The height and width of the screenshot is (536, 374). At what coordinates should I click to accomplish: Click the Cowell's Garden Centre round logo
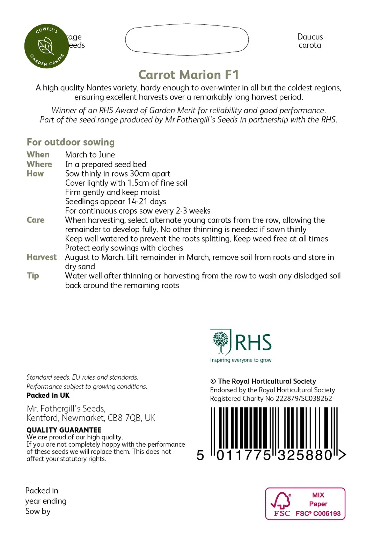[46, 46]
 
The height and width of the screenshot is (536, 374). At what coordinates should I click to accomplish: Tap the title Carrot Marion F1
[189, 75]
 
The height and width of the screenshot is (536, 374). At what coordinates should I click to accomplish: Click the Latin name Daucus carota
[310, 41]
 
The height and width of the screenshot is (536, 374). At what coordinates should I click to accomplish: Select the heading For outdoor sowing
[71, 142]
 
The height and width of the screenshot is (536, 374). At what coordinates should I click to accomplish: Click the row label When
[38, 155]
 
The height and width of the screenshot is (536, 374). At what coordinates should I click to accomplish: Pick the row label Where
[39, 164]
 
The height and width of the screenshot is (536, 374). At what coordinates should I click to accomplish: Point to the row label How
[35, 173]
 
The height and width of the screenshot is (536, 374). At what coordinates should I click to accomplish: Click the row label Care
[36, 220]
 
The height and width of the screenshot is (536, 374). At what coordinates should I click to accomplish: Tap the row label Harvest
[42, 257]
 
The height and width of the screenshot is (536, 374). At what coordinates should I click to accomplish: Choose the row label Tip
[33, 276]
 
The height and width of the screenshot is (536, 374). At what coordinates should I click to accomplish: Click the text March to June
[90, 155]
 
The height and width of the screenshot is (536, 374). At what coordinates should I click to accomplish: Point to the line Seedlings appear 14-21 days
[116, 201]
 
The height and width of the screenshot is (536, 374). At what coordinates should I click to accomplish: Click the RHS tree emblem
[220, 342]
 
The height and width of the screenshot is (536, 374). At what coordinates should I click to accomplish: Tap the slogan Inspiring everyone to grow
[241, 360]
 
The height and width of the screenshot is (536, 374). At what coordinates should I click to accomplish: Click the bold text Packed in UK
[48, 395]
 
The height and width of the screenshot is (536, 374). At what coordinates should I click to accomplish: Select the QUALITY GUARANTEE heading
[64, 430]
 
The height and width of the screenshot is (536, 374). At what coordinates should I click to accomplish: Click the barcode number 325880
[305, 455]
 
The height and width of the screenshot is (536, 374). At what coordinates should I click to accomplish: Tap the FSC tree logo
[281, 501]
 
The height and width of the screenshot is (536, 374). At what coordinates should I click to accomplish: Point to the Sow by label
[38, 511]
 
